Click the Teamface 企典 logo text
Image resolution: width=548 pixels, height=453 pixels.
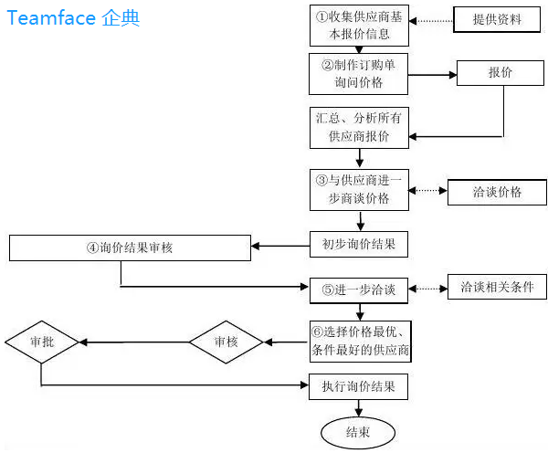(73, 18)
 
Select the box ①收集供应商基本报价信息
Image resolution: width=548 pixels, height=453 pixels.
(359, 25)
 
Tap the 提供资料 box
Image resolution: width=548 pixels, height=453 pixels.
(498, 19)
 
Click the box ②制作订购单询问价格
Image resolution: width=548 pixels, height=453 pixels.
(359, 73)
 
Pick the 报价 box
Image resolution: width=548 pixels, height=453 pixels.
(501, 73)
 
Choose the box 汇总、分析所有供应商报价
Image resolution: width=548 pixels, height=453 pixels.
(359, 127)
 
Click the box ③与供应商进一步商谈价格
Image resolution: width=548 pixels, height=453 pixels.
(359, 190)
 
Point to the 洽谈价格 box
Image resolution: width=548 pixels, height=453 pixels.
(497, 193)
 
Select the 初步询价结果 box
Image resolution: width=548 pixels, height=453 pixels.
(359, 245)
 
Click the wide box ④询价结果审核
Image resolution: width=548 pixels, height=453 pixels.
(130, 248)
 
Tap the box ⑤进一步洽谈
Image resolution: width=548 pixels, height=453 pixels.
(359, 290)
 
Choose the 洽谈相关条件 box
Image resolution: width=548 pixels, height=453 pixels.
(497, 287)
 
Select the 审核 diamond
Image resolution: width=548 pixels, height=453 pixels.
(227, 342)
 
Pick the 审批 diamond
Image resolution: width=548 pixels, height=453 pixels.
(42, 342)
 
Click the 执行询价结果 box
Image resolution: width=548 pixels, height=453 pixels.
(359, 386)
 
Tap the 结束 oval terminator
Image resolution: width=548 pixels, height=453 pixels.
(359, 433)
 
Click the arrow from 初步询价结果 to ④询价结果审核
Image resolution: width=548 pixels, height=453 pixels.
(280, 245)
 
